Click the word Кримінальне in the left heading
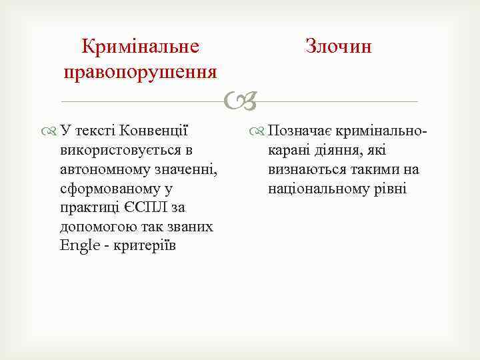click(x=141, y=47)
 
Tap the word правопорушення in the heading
click(x=141, y=70)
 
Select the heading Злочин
click(x=338, y=47)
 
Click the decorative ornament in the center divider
click(x=239, y=101)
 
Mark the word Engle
click(x=79, y=245)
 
